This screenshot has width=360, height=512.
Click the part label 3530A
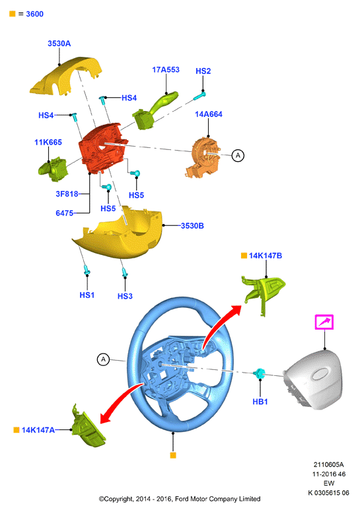(x=59, y=44)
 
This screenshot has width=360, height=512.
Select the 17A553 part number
(x=166, y=69)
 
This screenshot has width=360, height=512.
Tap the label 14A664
(x=209, y=114)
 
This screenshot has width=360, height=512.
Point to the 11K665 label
(x=48, y=142)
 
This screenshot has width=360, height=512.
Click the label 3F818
(x=67, y=194)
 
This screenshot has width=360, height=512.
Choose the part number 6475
(x=64, y=213)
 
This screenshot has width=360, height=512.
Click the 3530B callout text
(x=192, y=226)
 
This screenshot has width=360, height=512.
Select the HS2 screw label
(x=203, y=71)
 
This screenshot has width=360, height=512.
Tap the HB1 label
(x=260, y=402)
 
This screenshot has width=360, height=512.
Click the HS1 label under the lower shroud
(x=87, y=295)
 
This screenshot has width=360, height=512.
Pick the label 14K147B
(x=266, y=256)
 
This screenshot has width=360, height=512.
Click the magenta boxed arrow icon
(x=324, y=322)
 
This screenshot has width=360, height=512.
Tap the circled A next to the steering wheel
(x=104, y=360)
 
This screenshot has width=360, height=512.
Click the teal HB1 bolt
(x=259, y=373)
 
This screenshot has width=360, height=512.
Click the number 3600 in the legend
(x=34, y=14)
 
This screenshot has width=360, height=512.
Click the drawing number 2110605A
(x=328, y=464)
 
